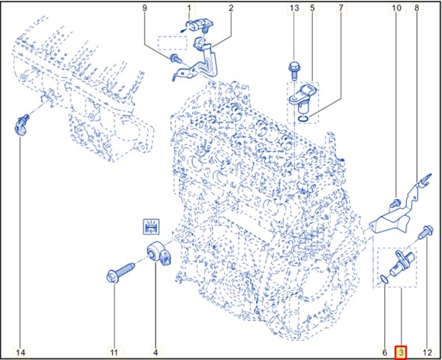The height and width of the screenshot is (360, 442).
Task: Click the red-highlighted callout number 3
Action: pyautogui.click(x=401, y=352)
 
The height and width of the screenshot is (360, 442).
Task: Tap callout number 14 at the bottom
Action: pyautogui.click(x=20, y=352)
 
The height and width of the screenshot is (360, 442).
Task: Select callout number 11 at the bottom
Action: pyautogui.click(x=113, y=352)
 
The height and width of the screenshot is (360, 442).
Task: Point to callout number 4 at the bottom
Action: pyautogui.click(x=155, y=352)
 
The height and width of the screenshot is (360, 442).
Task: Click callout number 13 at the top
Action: pyautogui.click(x=294, y=8)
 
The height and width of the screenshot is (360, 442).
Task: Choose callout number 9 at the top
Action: pyautogui.click(x=145, y=8)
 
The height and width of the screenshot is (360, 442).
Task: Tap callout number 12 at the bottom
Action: pyautogui.click(x=427, y=352)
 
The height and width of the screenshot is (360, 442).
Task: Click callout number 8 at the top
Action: pyautogui.click(x=417, y=8)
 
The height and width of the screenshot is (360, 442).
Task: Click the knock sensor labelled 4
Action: pyautogui.click(x=159, y=253)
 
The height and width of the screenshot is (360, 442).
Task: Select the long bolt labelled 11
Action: pyautogui.click(x=120, y=271)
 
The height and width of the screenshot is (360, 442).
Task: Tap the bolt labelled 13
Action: pyautogui.click(x=293, y=70)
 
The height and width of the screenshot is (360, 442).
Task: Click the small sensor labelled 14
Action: pyautogui.click(x=21, y=125)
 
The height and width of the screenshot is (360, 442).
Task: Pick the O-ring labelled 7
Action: pyautogui.click(x=304, y=118)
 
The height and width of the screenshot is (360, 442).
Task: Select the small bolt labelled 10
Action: pyautogui.click(x=395, y=202)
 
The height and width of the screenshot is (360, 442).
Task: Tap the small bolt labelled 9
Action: pyautogui.click(x=175, y=58)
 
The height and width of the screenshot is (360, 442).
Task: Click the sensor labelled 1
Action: pyautogui.click(x=198, y=25)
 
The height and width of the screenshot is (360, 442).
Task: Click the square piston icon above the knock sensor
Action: pyautogui.click(x=152, y=226)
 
